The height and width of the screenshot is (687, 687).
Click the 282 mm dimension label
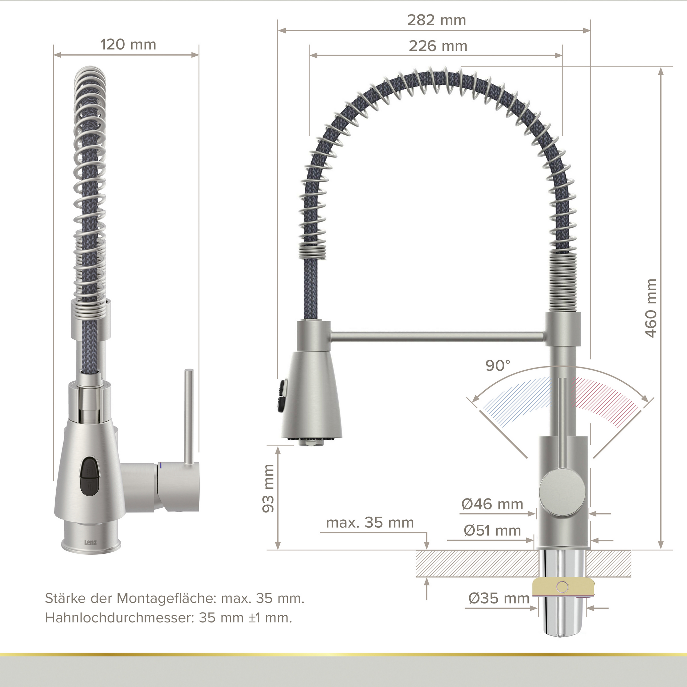(436, 20)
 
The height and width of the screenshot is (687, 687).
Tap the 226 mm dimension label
(438, 46)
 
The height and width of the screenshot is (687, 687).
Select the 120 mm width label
(128, 45)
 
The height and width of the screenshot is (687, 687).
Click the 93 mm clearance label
(268, 488)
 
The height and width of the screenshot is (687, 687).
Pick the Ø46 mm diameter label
(492, 504)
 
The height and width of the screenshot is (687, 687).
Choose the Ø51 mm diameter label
(492, 531)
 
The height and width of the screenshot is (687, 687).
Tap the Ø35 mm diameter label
(499, 598)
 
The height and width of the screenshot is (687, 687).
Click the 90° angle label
(498, 365)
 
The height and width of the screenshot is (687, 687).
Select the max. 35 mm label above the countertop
(370, 523)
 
